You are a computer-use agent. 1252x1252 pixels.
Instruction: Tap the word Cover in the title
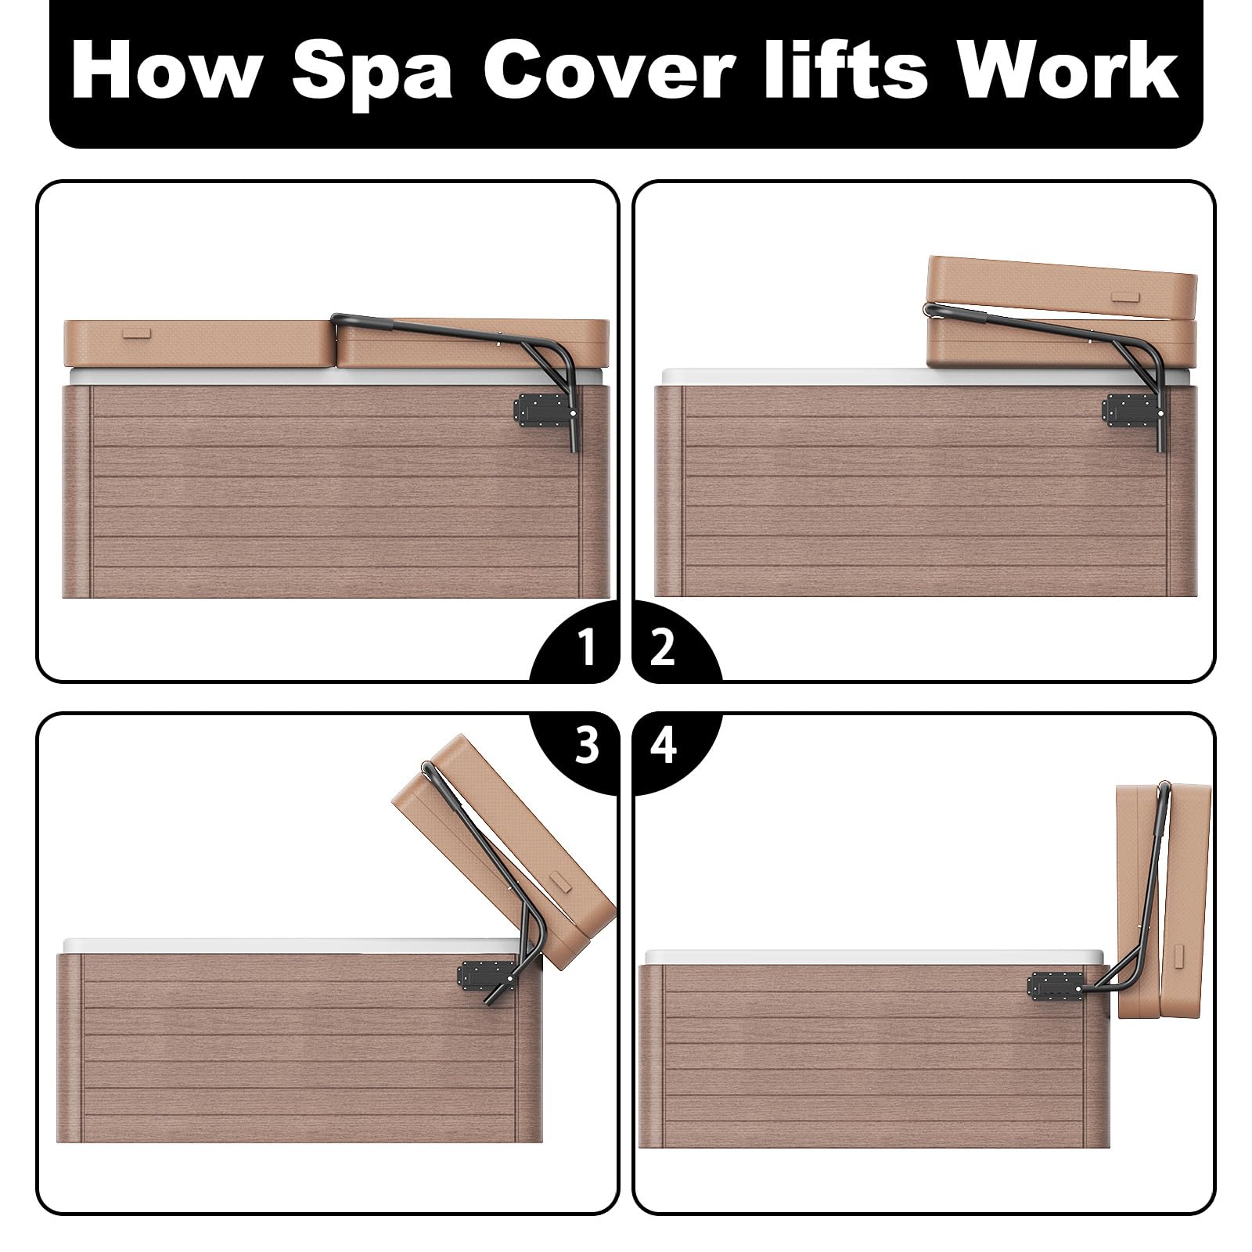click(610, 73)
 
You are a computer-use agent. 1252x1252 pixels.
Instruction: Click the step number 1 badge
click(579, 646)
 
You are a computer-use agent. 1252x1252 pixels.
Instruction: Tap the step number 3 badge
click(579, 748)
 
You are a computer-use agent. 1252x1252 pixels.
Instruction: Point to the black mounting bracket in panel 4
click(1059, 988)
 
